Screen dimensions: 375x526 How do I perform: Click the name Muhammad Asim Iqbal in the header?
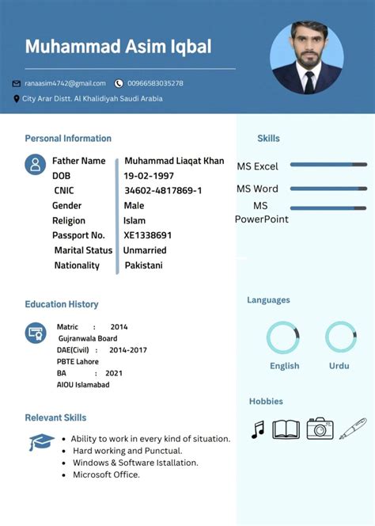[x=118, y=47]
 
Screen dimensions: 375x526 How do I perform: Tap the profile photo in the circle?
[x=307, y=57]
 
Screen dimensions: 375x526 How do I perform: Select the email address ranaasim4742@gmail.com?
[x=65, y=83]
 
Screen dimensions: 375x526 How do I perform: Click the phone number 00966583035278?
[x=155, y=83]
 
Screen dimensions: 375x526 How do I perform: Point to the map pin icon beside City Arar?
[x=17, y=99]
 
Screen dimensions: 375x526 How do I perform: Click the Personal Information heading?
[x=68, y=139]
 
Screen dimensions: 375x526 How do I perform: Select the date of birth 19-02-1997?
[x=149, y=176]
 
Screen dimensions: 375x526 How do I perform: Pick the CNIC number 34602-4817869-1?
[x=163, y=191]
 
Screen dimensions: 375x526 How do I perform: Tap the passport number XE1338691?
[x=148, y=235]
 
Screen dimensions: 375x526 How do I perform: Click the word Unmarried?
[x=145, y=250]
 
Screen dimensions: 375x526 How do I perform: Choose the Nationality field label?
[x=77, y=265]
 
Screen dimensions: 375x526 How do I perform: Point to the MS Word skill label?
[x=257, y=189]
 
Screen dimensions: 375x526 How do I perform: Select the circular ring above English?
[x=283, y=337]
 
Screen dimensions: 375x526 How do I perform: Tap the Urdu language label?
[x=339, y=366]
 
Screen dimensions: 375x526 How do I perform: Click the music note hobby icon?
[x=257, y=430]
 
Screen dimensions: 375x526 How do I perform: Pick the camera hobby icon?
[x=320, y=429]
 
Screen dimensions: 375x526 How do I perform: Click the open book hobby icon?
[x=286, y=429]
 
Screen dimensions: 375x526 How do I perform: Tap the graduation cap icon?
[x=41, y=442]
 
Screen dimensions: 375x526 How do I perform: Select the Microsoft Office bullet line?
[x=106, y=475]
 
